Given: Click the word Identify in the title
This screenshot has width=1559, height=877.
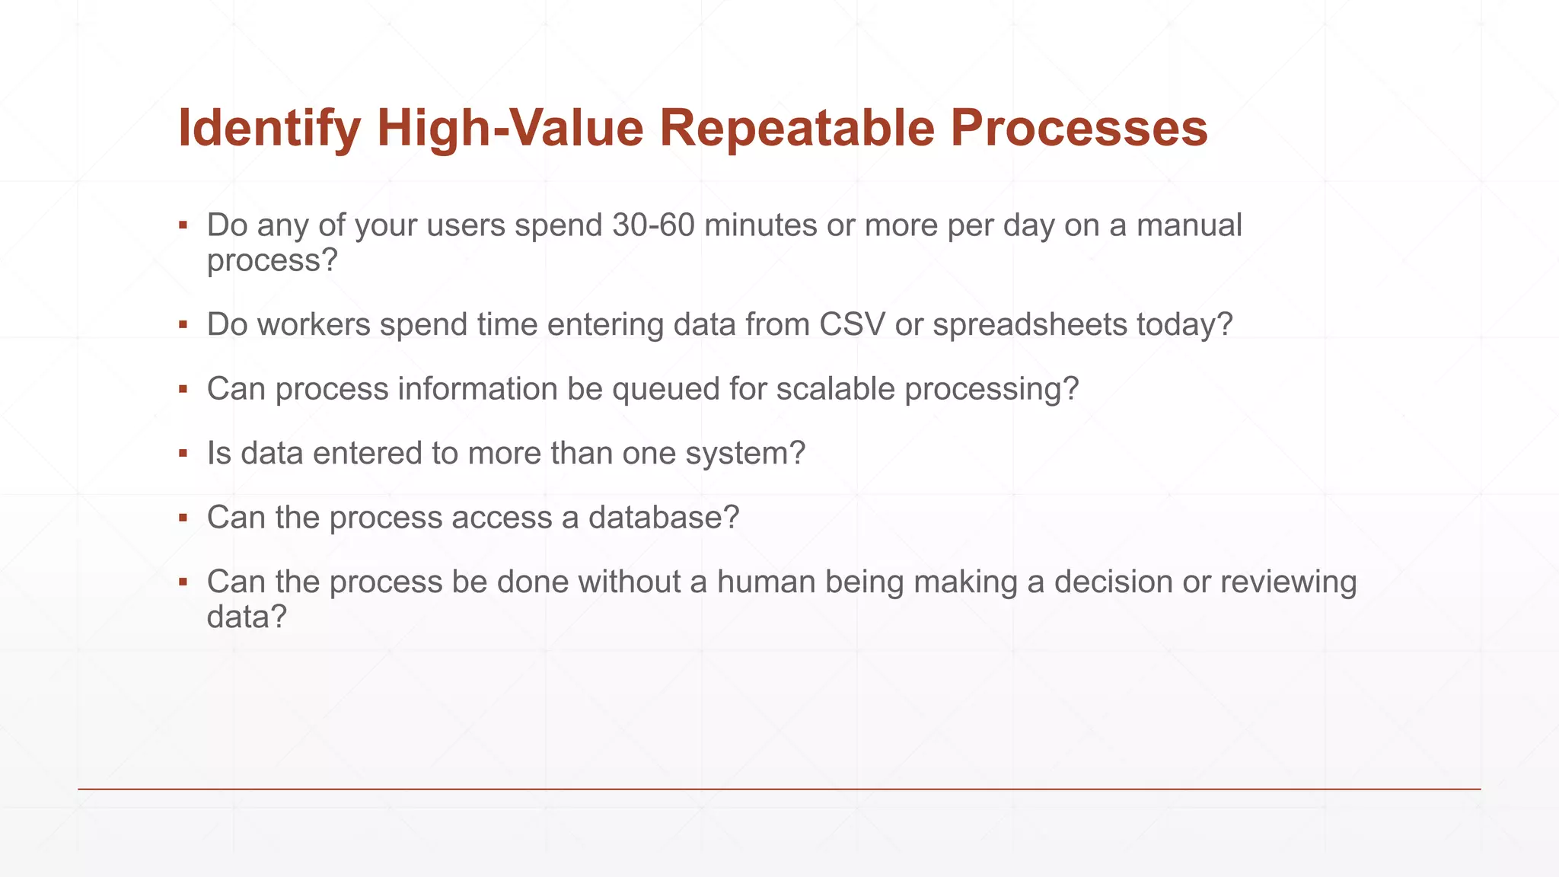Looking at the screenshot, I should [269, 128].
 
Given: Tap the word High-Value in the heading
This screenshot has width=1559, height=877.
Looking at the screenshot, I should [510, 128].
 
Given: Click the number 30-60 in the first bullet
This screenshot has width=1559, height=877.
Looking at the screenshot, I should [653, 225].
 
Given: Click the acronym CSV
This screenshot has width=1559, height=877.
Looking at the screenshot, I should [852, 324].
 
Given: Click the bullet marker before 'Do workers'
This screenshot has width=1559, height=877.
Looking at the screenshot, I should [183, 324].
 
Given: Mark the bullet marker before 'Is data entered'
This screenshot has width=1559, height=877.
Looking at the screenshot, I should [183, 454].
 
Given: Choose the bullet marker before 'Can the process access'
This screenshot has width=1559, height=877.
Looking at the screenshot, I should [183, 518].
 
